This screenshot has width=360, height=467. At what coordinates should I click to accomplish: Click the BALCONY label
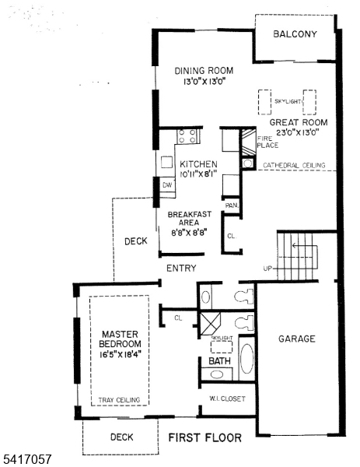[x=295, y=34]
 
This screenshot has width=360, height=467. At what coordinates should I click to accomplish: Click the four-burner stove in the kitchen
[x=188, y=137]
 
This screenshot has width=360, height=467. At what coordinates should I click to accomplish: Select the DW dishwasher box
[x=166, y=184]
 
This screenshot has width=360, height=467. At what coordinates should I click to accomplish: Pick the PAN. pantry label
[x=231, y=205]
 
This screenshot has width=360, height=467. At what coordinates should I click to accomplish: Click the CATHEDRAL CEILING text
[x=292, y=166]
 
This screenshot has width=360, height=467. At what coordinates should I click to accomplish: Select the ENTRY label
[x=180, y=268]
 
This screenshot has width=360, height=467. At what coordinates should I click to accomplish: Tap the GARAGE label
[x=297, y=339]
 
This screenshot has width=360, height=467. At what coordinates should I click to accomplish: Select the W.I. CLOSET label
[x=228, y=399]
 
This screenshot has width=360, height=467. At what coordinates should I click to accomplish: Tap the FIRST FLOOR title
[x=204, y=437]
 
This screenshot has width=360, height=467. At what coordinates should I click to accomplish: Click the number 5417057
[x=27, y=460]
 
